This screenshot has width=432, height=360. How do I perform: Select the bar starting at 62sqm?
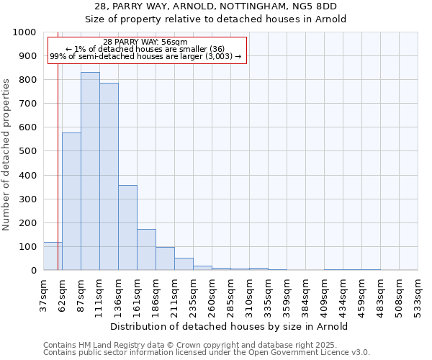[71, 202]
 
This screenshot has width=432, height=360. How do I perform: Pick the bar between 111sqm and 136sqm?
[109, 176]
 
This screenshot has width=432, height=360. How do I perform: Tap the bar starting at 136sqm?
[127, 228]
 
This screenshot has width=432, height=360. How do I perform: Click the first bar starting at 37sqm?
[53, 256]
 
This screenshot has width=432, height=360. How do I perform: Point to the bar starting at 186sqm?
[165, 258]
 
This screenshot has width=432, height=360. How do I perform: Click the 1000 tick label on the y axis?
[24, 32]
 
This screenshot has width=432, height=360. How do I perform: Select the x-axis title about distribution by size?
[230, 326]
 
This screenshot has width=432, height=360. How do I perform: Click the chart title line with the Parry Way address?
[215, 6]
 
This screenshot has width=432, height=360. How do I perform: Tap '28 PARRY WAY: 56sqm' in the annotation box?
[145, 42]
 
